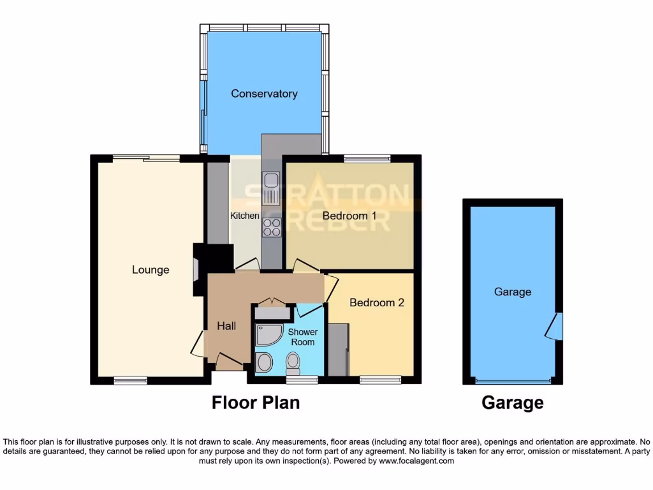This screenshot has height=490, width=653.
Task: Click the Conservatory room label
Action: [x=264, y=94]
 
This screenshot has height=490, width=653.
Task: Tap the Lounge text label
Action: [x=150, y=270]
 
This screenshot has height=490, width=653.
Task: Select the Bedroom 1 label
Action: [x=349, y=216]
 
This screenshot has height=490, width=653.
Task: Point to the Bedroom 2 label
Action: [x=376, y=302]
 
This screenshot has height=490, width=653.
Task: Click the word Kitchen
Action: [x=244, y=216]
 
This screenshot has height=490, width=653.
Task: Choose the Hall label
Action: [x=226, y=326]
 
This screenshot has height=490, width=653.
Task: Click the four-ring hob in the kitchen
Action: [x=272, y=227]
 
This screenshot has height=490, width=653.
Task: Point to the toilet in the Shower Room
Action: [x=293, y=364]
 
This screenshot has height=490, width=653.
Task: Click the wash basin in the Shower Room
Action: [x=263, y=363]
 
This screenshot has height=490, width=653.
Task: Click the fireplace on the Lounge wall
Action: [x=195, y=269]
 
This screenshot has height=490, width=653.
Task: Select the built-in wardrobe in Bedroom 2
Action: [x=338, y=350]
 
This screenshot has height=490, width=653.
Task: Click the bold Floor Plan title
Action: [x=255, y=403]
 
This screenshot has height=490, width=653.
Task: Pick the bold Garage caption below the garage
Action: [x=513, y=403]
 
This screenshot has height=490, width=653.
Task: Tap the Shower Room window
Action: [x=302, y=380]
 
